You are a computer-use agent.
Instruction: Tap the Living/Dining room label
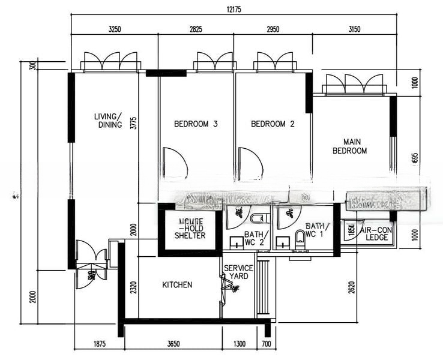tap(109, 121)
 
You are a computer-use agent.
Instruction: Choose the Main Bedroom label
tap(349, 146)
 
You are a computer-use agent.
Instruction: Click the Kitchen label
tap(177, 284)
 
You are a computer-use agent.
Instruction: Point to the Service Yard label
tap(238, 272)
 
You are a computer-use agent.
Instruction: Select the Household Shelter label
tap(190, 229)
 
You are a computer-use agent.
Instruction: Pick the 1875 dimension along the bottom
tap(100, 344)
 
